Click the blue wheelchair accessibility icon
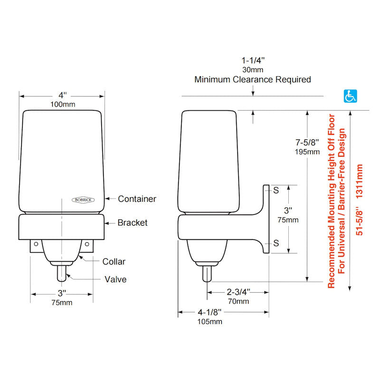point(350,96)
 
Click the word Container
point(137,199)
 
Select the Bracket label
point(133,222)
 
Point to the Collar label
point(114,261)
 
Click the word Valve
point(115,279)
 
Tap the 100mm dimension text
point(62,104)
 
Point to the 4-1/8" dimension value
point(209,312)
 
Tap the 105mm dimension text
point(209,322)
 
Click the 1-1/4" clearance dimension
point(253,60)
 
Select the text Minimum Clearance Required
point(253,79)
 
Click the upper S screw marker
point(275,190)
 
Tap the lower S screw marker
point(275,243)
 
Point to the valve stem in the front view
point(62,274)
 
